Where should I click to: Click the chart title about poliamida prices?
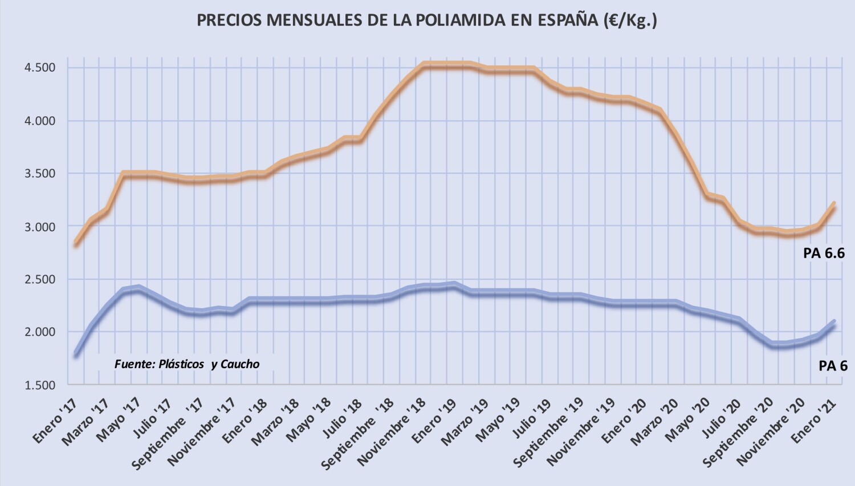click(x=427, y=20)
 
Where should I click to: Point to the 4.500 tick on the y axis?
click(x=39, y=68)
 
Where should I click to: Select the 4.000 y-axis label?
click(x=39, y=121)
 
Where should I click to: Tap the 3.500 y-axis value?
click(x=39, y=174)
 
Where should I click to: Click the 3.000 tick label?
click(x=39, y=227)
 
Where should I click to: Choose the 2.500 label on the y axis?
click(x=39, y=279)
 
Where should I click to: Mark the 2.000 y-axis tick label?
click(x=39, y=332)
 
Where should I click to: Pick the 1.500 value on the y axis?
click(x=39, y=385)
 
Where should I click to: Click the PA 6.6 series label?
click(x=824, y=254)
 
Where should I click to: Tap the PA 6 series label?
click(x=833, y=366)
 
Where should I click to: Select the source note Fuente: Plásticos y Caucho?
click(x=187, y=364)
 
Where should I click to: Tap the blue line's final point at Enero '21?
click(x=834, y=322)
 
